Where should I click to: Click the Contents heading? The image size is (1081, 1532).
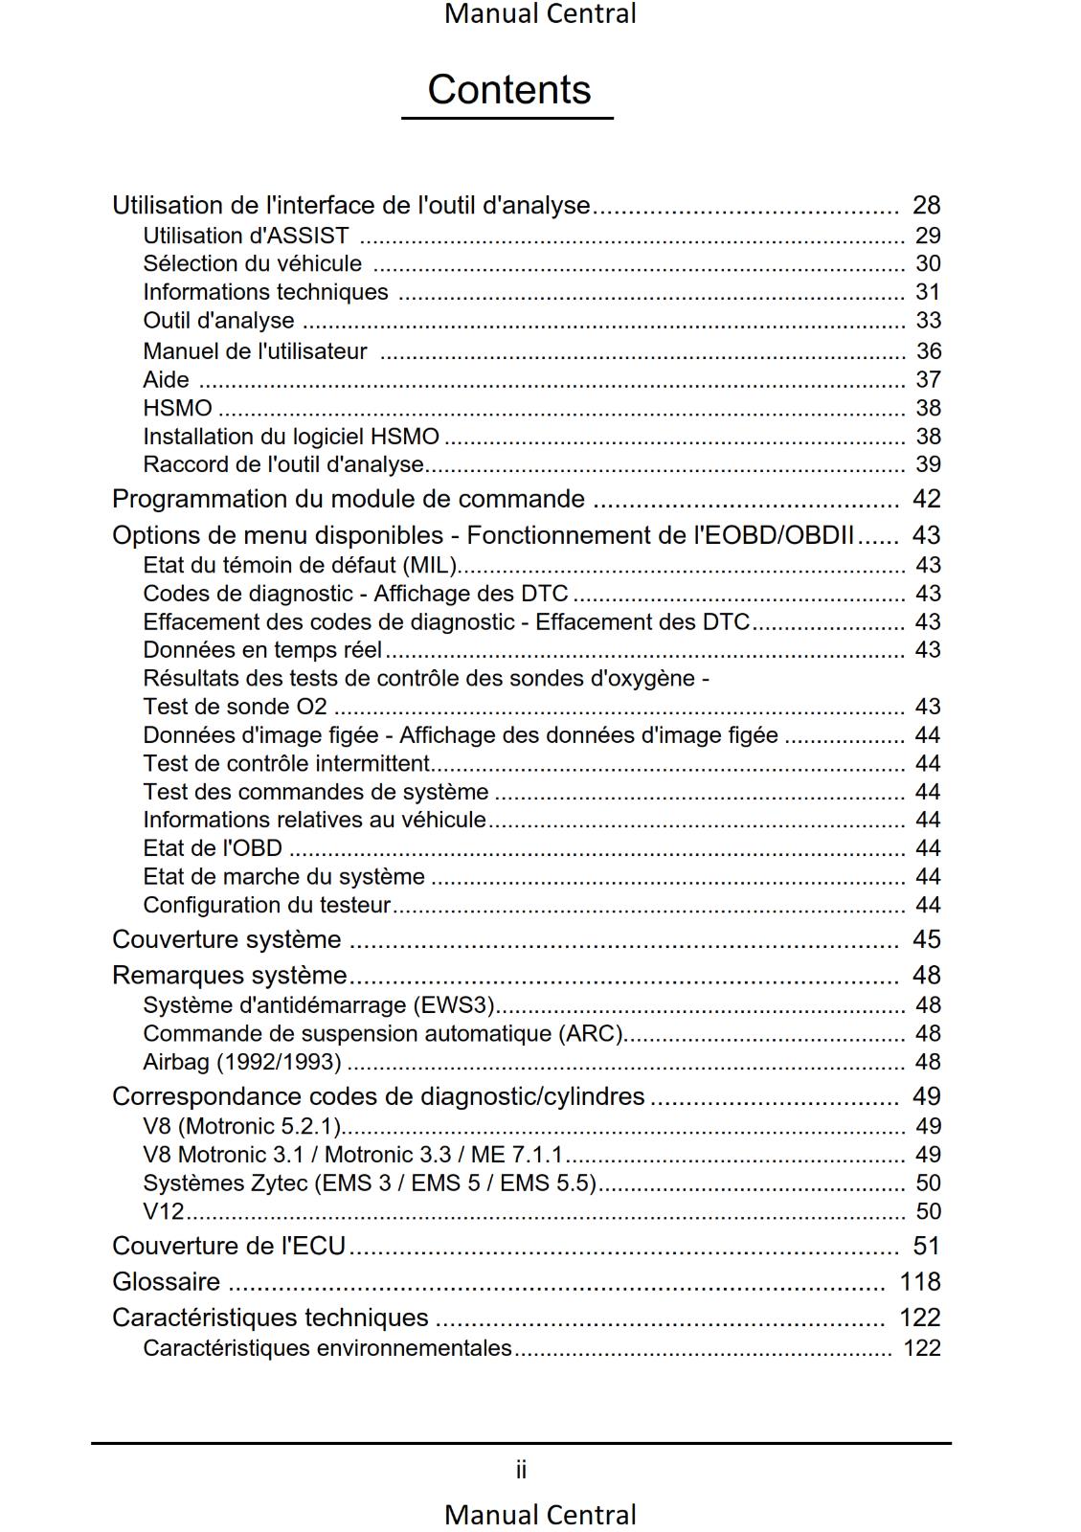click(508, 90)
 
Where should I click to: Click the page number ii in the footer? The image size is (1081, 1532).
click(521, 1470)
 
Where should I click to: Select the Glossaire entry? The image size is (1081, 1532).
click(166, 1281)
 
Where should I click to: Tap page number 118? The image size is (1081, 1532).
click(920, 1281)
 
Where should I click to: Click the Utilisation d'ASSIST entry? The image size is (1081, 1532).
click(245, 236)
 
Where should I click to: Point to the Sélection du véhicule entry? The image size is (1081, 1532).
click(252, 263)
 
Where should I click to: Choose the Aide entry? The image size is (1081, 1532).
click(166, 379)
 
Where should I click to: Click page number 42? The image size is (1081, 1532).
click(926, 499)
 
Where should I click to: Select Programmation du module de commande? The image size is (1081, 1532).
click(348, 499)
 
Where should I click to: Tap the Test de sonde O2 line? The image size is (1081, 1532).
click(235, 707)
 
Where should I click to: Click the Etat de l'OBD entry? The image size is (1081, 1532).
click(213, 848)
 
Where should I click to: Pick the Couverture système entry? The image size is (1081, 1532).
click(226, 939)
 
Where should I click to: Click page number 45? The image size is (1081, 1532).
click(926, 939)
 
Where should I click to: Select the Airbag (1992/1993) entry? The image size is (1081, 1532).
click(241, 1062)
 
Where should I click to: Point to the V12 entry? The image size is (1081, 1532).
click(163, 1211)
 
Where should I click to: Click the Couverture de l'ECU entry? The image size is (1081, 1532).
click(228, 1246)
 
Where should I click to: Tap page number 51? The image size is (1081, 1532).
click(926, 1246)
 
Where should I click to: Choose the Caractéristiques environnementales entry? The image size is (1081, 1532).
click(327, 1348)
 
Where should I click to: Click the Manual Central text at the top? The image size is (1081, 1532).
click(540, 14)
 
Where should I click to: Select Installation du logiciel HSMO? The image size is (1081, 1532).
click(291, 437)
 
